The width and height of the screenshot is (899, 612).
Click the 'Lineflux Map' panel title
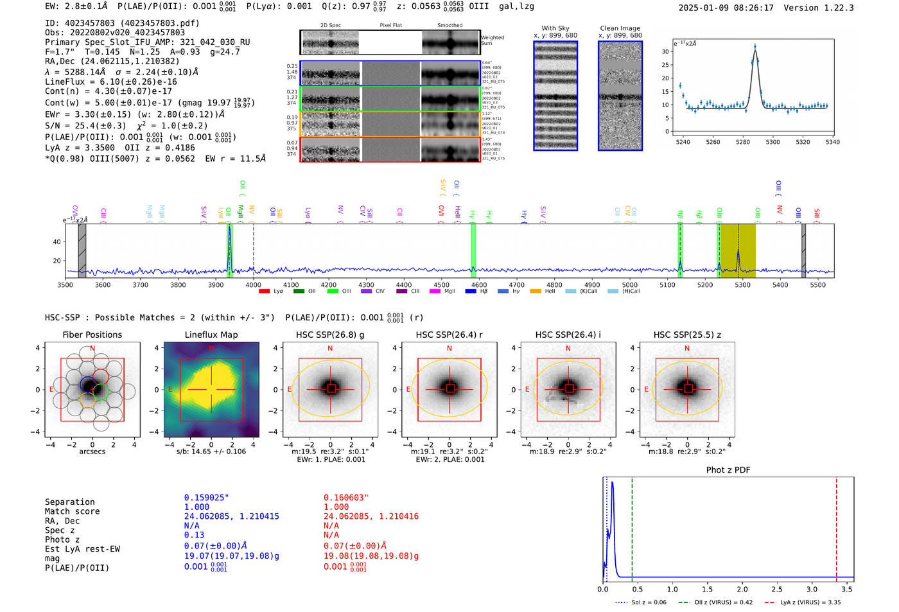coord(211,335)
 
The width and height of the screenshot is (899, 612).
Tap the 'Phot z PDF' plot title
coord(728,470)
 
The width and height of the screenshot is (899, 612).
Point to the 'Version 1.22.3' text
coord(819,8)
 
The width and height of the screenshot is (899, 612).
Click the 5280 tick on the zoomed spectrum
coord(743,142)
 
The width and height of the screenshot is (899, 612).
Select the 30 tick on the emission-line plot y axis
coord(665,51)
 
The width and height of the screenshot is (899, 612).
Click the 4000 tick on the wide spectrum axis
coord(253,284)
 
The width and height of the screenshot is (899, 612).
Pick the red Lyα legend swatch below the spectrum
coord(264,292)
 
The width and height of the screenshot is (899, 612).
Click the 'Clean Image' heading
coord(620,28)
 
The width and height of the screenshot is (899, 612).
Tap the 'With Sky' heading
coord(555,28)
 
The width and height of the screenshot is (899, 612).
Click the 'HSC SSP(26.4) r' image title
coord(449,335)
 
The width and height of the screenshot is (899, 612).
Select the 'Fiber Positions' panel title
coord(92,335)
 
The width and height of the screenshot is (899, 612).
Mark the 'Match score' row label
coord(72,512)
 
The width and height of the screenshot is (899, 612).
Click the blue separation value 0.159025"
coord(206,498)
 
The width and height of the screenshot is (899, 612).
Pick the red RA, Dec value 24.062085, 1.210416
coord(371,516)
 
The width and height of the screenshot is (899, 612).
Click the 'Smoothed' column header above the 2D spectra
coord(449,26)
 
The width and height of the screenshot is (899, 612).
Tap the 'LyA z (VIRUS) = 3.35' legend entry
coord(810,602)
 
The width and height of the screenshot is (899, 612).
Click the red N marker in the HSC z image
coord(687,349)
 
